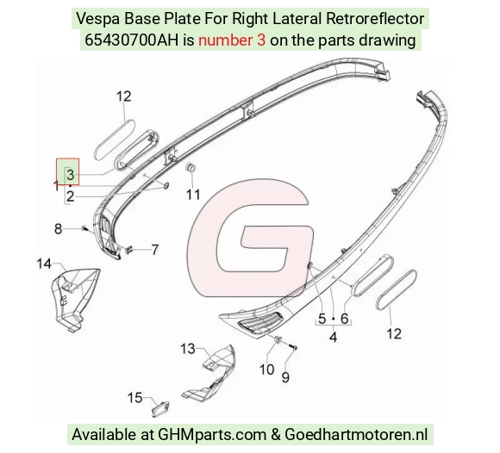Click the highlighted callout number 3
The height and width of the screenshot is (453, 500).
click(x=70, y=175)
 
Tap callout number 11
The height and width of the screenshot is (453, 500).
click(x=193, y=195)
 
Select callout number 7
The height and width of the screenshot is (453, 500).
click(x=155, y=250)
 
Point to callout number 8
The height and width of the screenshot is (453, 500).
click(x=58, y=229)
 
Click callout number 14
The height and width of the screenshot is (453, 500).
click(x=44, y=264)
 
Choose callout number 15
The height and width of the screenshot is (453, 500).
click(x=134, y=398)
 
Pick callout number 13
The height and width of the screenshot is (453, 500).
click(x=188, y=349)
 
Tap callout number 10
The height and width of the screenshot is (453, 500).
click(x=267, y=369)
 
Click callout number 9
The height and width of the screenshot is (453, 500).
click(x=285, y=377)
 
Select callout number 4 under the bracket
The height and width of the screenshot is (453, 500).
click(x=333, y=337)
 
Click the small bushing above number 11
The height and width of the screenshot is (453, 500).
click(x=191, y=168)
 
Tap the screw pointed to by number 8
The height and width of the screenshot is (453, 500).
click(x=84, y=227)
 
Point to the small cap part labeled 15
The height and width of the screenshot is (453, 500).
click(x=159, y=409)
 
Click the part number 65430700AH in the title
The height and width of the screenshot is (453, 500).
click(x=131, y=40)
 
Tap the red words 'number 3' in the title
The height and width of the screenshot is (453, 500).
click(x=232, y=40)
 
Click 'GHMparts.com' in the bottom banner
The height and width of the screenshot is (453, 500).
click(x=212, y=435)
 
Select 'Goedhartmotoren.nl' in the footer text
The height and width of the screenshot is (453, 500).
click(x=356, y=435)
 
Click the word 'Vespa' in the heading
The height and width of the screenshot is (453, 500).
click(x=98, y=19)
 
